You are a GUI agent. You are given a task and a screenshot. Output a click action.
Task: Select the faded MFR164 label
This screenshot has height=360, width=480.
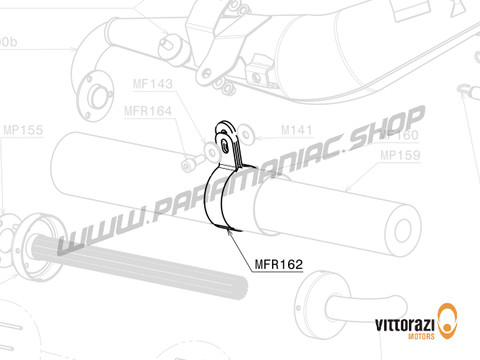click(x=147, y=111)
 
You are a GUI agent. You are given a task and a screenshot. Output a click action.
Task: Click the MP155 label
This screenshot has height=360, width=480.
click(x=22, y=130)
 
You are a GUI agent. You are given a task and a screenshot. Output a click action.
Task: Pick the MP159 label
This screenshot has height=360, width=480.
click(x=399, y=155)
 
